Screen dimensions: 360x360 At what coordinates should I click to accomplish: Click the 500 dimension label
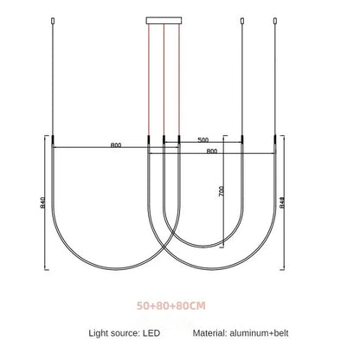(203, 139)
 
